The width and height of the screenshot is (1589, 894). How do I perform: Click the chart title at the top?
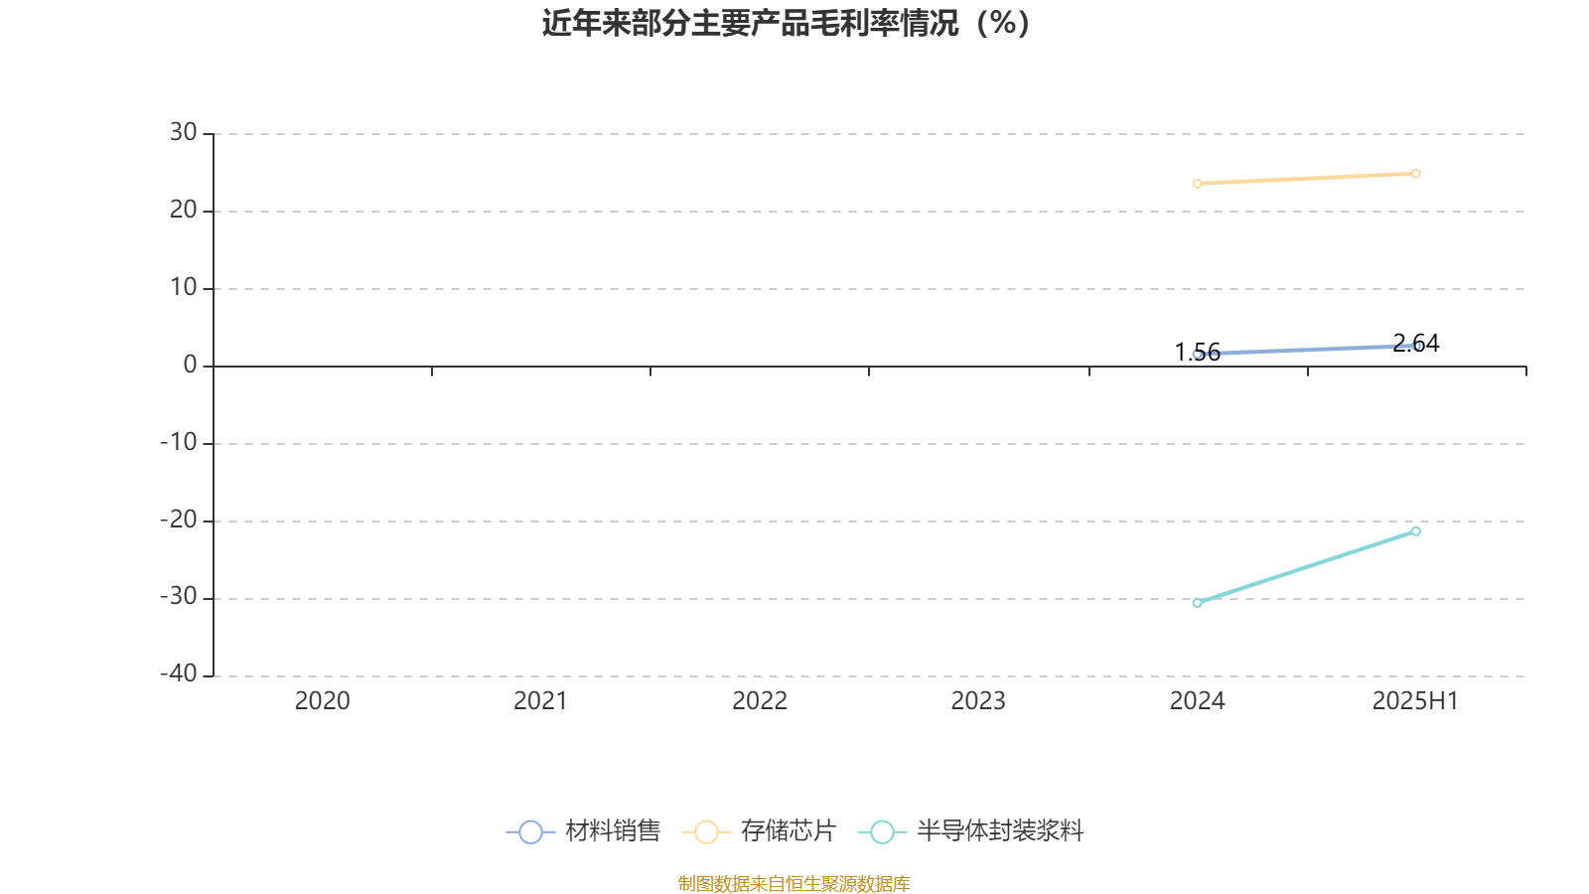click(786, 24)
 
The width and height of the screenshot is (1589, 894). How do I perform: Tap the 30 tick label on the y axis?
click(183, 132)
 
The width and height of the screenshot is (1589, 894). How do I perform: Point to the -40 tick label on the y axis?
click(178, 673)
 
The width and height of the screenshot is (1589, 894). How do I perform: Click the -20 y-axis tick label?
click(178, 520)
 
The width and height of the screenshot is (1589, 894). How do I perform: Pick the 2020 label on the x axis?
click(322, 701)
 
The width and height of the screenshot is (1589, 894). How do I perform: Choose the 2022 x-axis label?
click(760, 701)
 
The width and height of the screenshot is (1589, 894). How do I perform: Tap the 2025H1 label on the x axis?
click(1415, 701)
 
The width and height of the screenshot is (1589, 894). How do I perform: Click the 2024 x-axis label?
click(1198, 701)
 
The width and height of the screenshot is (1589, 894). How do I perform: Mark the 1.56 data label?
click(1198, 352)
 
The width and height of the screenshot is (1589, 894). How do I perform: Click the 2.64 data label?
click(1416, 344)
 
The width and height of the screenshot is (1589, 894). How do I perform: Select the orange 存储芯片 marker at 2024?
click(1198, 184)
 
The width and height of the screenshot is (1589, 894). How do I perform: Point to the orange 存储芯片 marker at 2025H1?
click(1416, 174)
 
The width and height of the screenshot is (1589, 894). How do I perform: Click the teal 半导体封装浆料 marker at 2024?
click(1198, 603)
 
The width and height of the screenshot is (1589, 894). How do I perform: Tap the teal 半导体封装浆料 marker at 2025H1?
click(1416, 531)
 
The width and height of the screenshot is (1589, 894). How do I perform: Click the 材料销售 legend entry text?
click(613, 830)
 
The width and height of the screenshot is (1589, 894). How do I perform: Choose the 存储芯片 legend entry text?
click(789, 830)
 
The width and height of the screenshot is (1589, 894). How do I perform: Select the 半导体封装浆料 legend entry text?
click(1000, 830)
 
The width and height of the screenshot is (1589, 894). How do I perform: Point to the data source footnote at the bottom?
click(794, 883)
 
